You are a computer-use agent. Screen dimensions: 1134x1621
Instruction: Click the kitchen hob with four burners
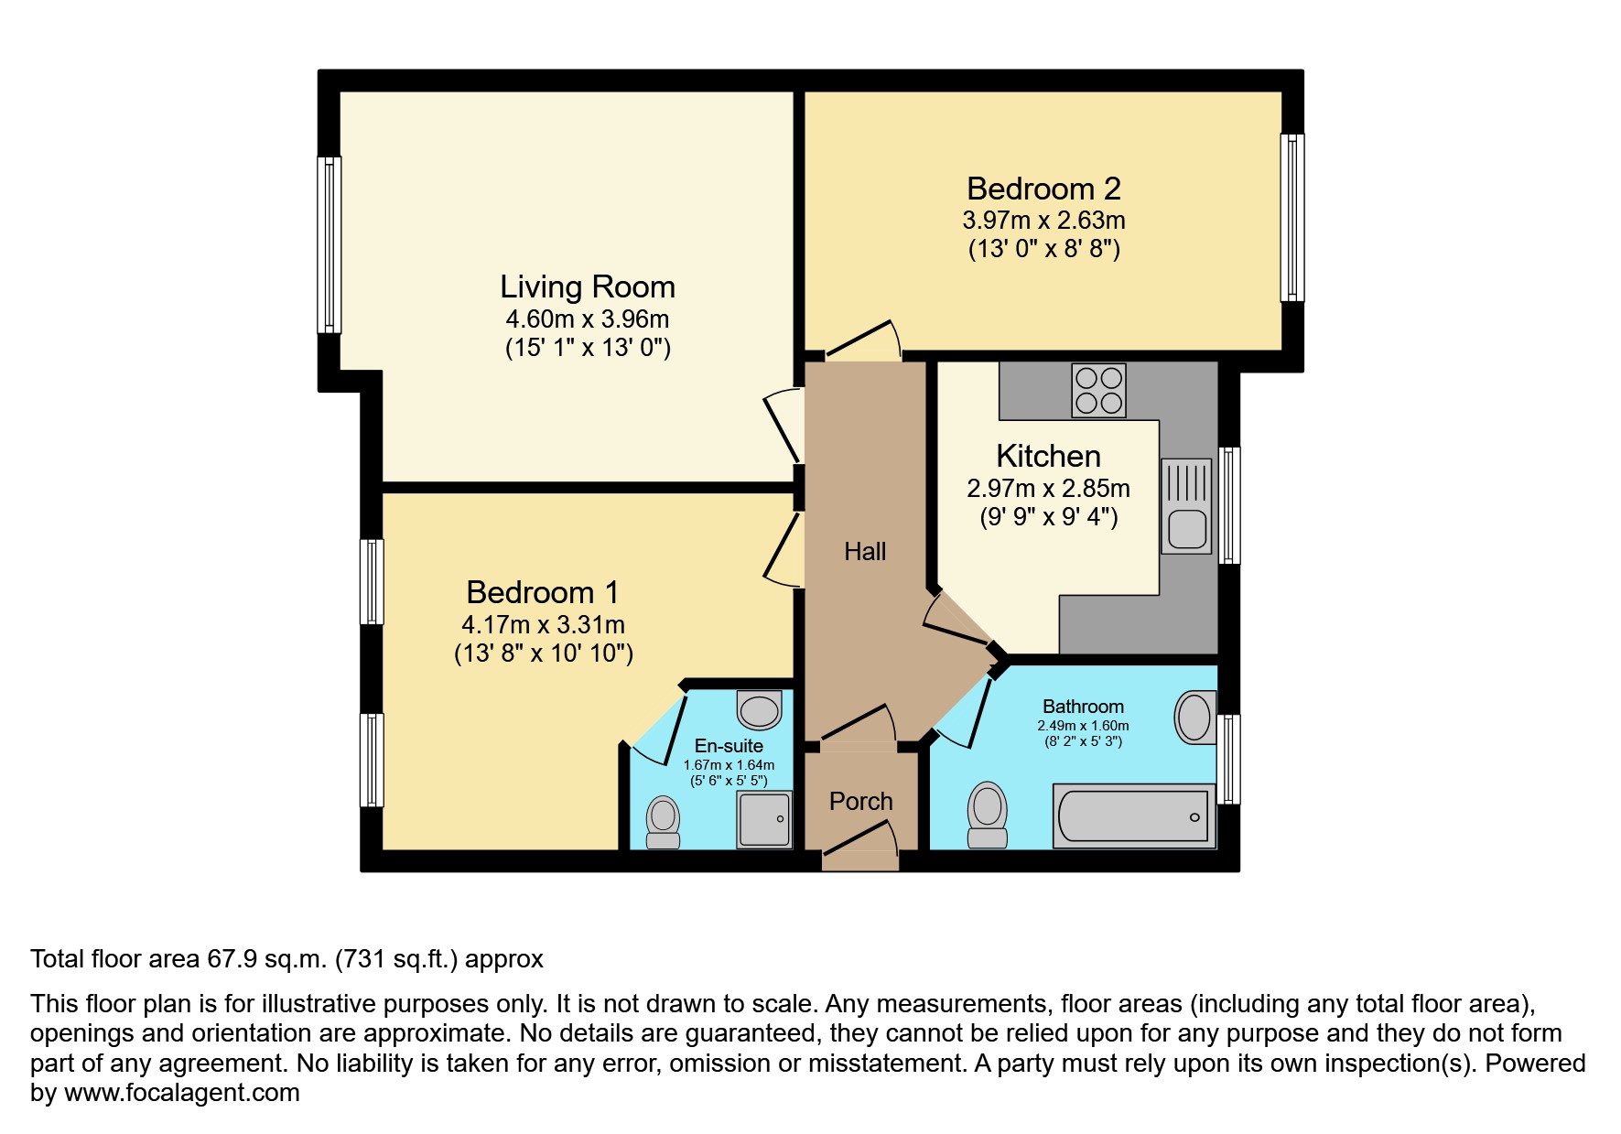1098,391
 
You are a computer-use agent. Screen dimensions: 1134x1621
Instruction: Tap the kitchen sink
1186,506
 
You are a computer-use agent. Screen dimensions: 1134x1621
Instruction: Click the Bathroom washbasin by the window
1194,717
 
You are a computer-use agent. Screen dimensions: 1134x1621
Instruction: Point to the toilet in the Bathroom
987,815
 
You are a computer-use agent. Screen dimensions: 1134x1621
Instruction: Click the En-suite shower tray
764,819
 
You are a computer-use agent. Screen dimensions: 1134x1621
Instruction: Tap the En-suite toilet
663,822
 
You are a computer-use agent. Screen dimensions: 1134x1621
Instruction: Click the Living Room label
588,287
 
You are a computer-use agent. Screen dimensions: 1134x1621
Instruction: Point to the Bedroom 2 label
1043,189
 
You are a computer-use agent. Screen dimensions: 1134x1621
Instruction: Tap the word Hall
865,551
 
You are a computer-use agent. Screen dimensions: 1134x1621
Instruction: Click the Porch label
860,801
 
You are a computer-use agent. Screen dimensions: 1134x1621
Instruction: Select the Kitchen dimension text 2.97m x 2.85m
1048,489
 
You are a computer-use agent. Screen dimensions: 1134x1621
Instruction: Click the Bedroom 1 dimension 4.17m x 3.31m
543,625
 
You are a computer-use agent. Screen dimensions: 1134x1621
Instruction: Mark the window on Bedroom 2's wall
1291,218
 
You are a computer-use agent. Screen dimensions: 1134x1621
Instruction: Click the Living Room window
330,244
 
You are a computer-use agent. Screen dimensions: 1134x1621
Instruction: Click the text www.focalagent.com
181,1093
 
